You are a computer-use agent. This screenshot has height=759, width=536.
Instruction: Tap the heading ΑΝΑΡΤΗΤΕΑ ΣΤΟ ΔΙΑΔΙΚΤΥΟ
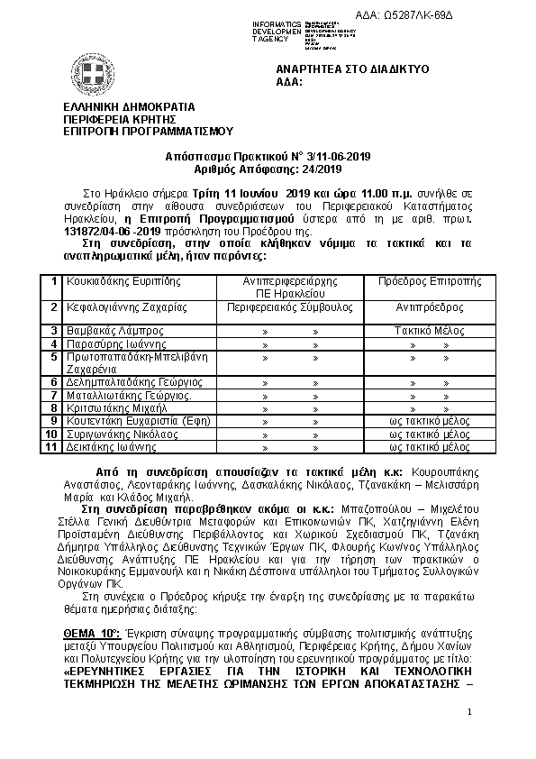click(352, 69)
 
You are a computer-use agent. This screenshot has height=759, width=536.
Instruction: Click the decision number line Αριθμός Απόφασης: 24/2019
click(268, 169)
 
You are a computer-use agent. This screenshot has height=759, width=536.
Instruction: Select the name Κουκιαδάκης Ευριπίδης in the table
click(117, 281)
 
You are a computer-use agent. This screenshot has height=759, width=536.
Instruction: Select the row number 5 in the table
click(54, 356)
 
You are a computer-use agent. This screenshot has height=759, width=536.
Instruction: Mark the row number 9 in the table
click(54, 420)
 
